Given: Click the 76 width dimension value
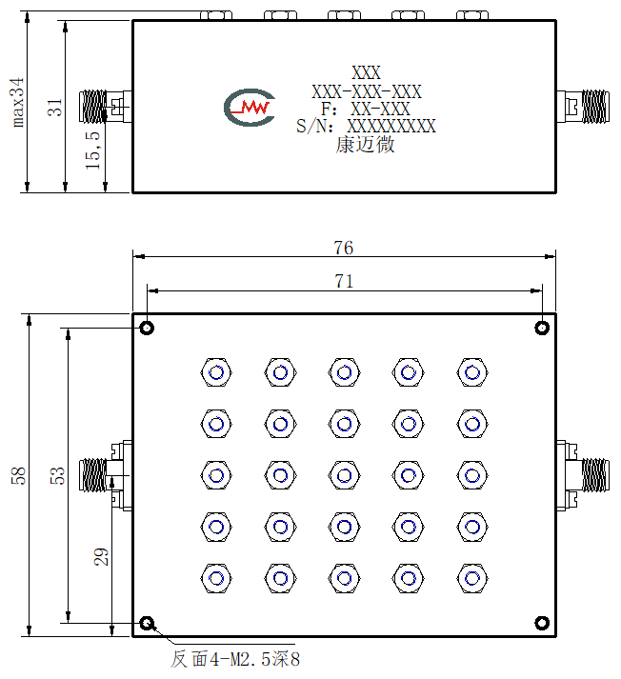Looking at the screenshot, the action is click(344, 248).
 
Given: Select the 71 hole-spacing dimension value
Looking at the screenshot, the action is click(344, 282).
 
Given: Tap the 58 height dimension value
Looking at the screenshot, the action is click(19, 475).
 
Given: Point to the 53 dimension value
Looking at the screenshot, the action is click(57, 475).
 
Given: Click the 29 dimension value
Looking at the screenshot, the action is click(101, 556).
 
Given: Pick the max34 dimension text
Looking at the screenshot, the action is click(17, 102).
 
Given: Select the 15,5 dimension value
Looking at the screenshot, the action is click(92, 150).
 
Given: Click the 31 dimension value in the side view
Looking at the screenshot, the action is click(55, 107).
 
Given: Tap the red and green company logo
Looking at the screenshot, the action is click(250, 108).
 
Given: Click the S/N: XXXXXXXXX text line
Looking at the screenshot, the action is click(366, 126).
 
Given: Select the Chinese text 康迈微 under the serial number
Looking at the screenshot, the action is click(365, 144).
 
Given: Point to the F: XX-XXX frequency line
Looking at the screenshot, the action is click(366, 109).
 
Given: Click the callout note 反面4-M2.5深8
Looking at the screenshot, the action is click(235, 659).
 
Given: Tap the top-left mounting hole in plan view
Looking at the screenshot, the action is click(148, 328).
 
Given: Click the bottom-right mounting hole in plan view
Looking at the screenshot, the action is click(542, 623).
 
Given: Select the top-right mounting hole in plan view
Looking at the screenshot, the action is click(542, 328).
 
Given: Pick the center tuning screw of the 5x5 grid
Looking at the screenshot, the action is click(344, 475).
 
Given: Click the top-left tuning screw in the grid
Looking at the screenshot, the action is click(216, 372).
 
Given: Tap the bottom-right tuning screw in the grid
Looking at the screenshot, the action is click(472, 578).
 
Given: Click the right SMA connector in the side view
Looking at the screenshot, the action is click(583, 107).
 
